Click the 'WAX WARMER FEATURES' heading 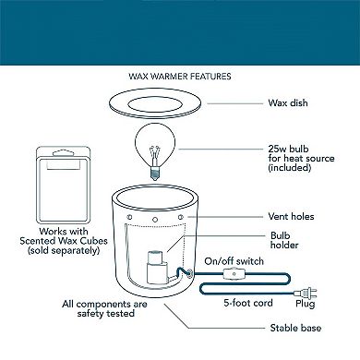tap(180, 77)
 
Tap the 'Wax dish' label tap(288, 102)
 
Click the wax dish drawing tap(155, 103)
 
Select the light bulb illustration tap(155, 151)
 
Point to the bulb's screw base tap(155, 173)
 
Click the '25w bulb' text tap(288, 149)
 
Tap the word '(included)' tap(290, 168)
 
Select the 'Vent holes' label tap(291, 216)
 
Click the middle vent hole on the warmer tap(155, 220)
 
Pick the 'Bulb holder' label tap(284, 240)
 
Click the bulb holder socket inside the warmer tap(157, 267)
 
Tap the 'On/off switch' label tap(234, 261)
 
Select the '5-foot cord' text tap(248, 303)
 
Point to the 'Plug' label tap(306, 304)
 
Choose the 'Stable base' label tap(295, 328)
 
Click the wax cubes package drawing tap(64, 186)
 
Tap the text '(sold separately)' tap(64, 250)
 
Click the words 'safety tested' tap(106, 314)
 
